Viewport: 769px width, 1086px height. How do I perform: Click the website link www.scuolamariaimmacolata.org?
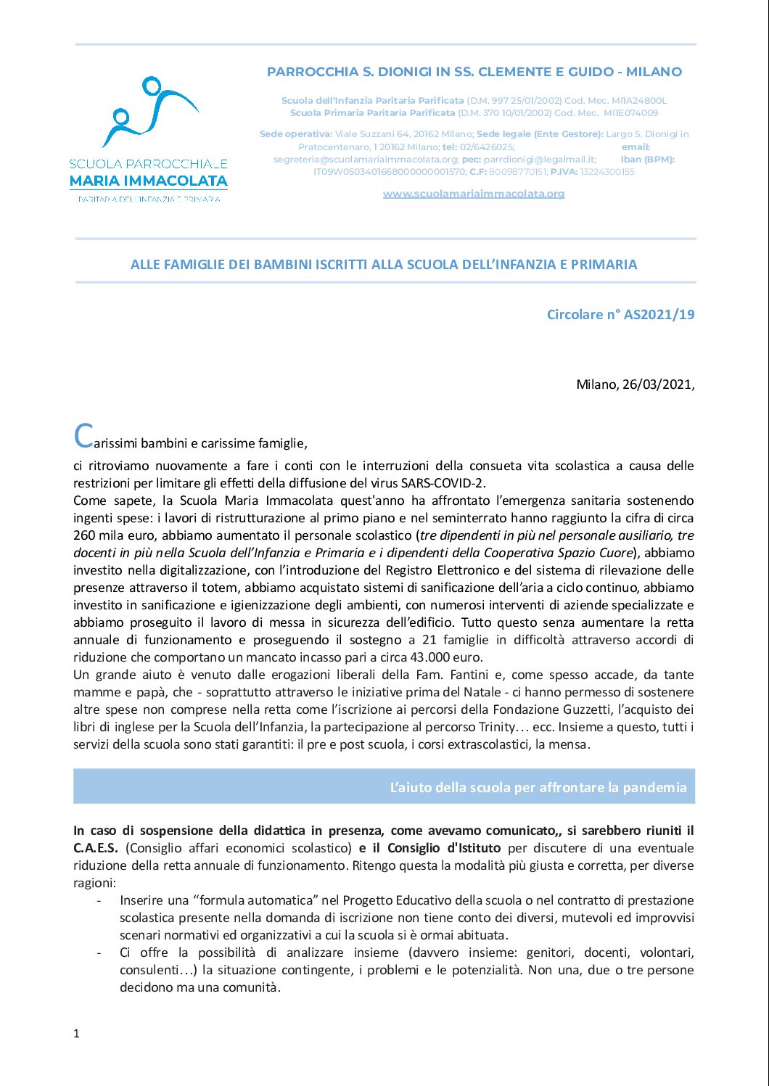click(x=473, y=194)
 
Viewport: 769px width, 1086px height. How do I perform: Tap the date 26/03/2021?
click(x=657, y=384)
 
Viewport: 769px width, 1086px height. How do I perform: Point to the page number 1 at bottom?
click(x=76, y=1034)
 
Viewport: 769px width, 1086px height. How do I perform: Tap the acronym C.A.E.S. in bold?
click(x=96, y=848)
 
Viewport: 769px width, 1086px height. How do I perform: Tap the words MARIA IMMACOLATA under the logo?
click(x=149, y=181)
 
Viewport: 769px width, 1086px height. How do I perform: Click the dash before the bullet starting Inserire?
click(x=99, y=900)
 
